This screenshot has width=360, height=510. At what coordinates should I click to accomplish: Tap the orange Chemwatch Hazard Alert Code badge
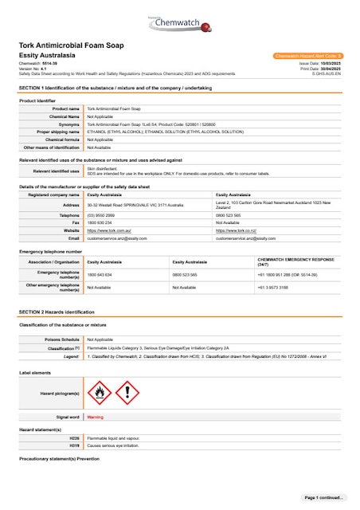click(x=307, y=56)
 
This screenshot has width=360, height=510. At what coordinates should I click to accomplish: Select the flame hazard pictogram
click(x=99, y=392)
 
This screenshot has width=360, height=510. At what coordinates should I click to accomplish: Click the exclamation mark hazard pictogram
click(x=127, y=392)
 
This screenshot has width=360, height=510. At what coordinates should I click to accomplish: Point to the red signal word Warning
click(x=95, y=417)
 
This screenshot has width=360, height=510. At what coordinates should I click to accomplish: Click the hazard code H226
click(x=74, y=438)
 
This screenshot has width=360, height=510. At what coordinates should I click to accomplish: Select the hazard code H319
click(x=74, y=445)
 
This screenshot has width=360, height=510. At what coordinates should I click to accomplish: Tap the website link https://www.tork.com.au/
click(x=108, y=229)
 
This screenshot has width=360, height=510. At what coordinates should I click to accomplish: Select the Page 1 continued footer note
click(x=323, y=497)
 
